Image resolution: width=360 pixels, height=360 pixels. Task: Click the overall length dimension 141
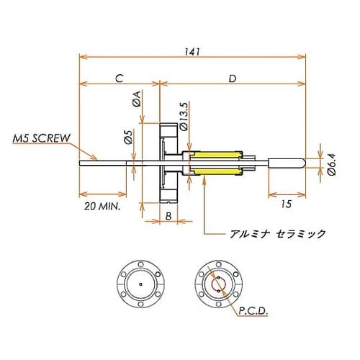(192, 51)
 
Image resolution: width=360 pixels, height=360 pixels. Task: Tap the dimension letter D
(231, 78)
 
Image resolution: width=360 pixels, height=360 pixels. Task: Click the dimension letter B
(166, 215)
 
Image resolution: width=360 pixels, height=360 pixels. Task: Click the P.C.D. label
(251, 312)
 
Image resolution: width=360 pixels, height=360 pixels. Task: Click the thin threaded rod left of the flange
(108, 163)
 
